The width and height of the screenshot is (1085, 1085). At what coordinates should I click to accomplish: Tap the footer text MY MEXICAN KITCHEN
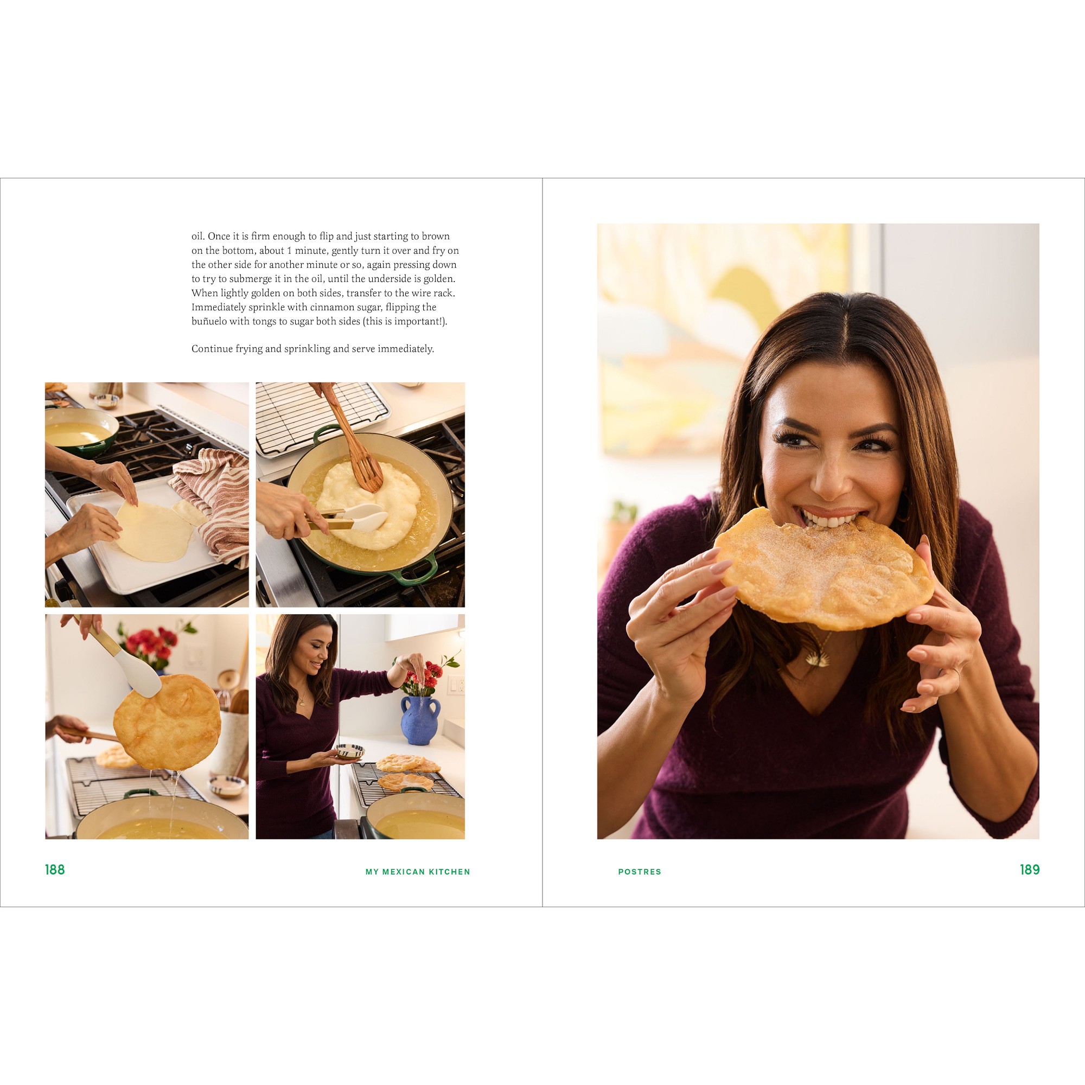point(417,872)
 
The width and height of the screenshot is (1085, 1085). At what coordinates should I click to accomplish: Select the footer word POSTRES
point(639,872)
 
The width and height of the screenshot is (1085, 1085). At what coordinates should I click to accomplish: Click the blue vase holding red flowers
point(419,720)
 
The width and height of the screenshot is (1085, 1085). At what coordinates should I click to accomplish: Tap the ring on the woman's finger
point(955,672)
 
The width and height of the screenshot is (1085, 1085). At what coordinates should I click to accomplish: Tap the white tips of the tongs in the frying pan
point(368,515)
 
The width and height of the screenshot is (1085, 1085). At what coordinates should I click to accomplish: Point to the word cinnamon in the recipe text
point(330,307)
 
